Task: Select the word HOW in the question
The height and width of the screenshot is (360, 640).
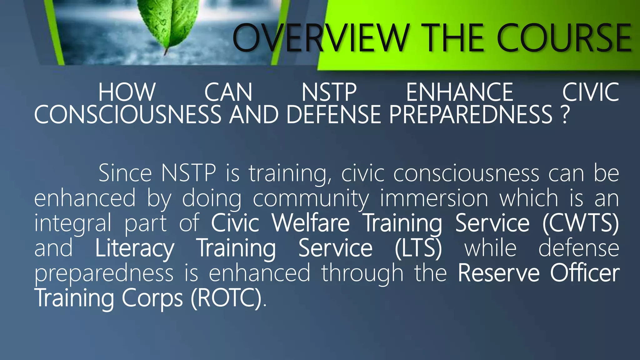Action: coord(127,92)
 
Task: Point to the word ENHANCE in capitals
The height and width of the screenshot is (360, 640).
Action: coord(459,92)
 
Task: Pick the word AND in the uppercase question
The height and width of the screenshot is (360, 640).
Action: coord(254,114)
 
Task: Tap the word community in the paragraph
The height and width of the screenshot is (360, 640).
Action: coord(311,198)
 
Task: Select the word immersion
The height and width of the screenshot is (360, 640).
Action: coord(434,198)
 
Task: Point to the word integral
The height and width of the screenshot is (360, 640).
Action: coord(72,223)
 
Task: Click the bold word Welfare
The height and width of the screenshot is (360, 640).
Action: coord(311,223)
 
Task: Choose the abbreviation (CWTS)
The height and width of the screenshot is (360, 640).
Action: coord(581,223)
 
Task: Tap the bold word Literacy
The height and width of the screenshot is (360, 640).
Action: coord(135,248)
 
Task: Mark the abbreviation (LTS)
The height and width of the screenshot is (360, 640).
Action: coord(418,248)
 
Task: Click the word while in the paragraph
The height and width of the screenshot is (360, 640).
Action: coord(490,248)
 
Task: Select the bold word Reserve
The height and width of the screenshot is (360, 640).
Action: coord(499,273)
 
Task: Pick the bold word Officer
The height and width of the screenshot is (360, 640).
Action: coord(585,273)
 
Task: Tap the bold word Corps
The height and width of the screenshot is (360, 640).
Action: coord(152,298)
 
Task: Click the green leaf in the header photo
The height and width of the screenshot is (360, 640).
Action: coord(169,23)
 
